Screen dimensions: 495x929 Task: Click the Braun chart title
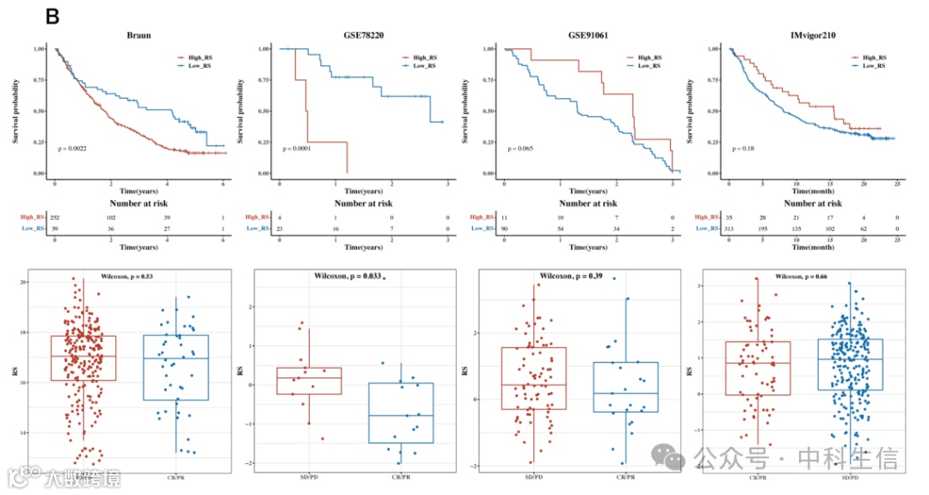pyautogui.click(x=138, y=36)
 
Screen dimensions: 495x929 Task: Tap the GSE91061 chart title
pyautogui.click(x=588, y=36)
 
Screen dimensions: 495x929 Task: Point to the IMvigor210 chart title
pyautogui.click(x=812, y=36)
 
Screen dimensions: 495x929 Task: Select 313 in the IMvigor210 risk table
pyautogui.click(x=730, y=228)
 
